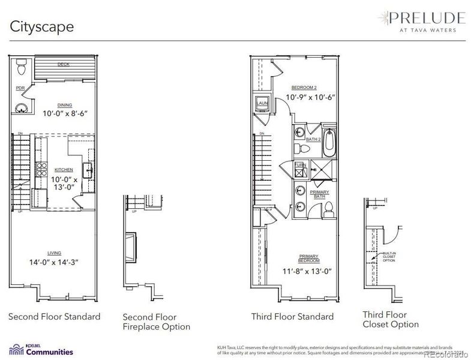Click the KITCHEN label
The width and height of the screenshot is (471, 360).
pyautogui.click(x=64, y=170)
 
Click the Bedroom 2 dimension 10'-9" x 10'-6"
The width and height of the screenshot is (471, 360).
pyautogui.click(x=310, y=97)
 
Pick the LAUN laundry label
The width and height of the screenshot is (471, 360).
pyautogui.click(x=262, y=103)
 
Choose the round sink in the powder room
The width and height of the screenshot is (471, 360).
pyautogui.click(x=22, y=108)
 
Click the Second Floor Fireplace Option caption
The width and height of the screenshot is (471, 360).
pyautogui.click(x=156, y=322)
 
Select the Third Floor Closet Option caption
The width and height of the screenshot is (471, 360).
pyautogui.click(x=391, y=319)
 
